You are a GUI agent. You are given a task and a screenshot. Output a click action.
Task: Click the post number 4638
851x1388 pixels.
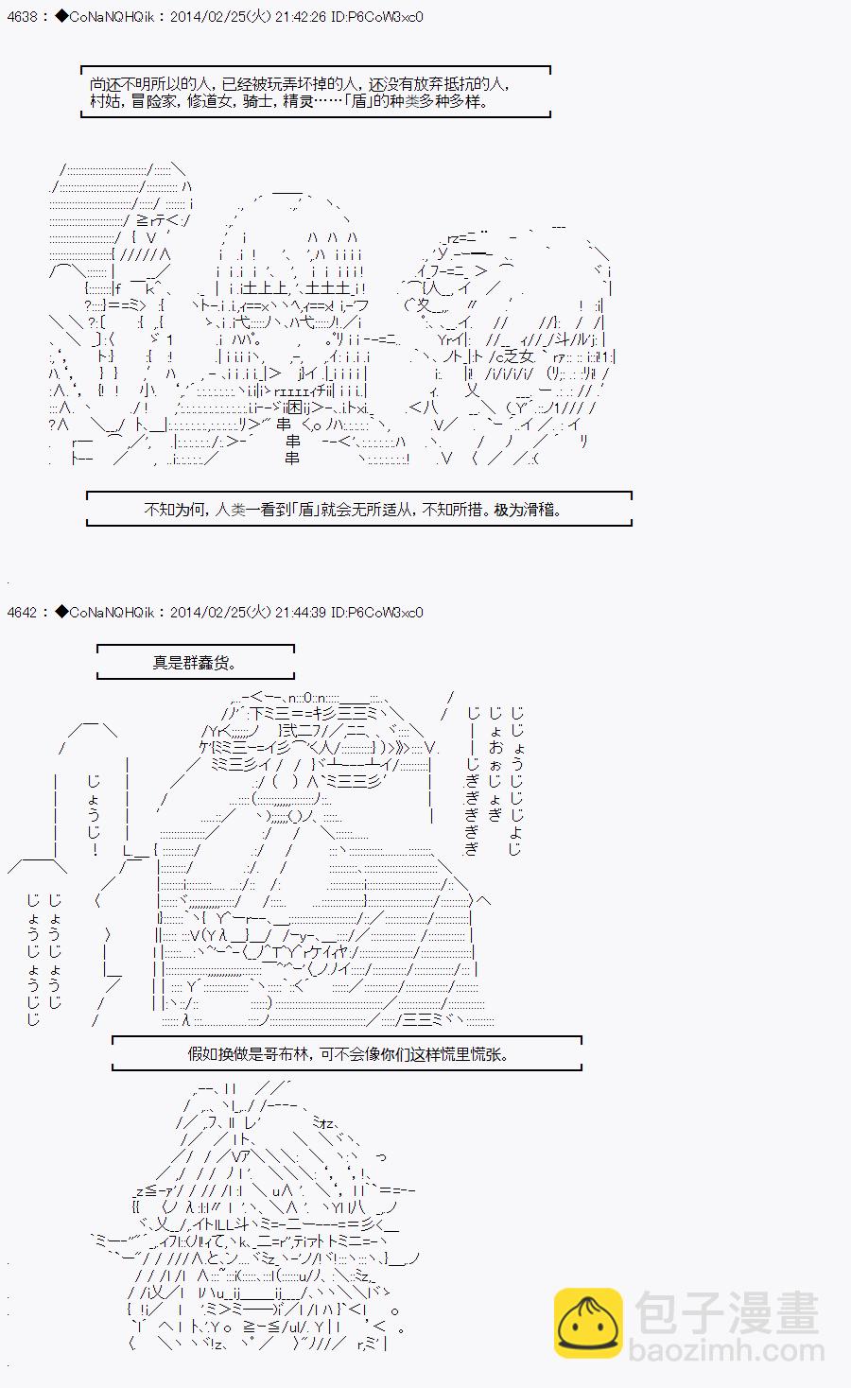pos(20,17)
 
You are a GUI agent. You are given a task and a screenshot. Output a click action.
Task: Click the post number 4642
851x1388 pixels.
pos(20,612)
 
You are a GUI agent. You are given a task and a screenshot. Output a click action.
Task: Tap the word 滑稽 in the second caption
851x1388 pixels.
pos(539,510)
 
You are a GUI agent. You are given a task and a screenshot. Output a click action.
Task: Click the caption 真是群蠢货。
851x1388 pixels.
pos(194,663)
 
